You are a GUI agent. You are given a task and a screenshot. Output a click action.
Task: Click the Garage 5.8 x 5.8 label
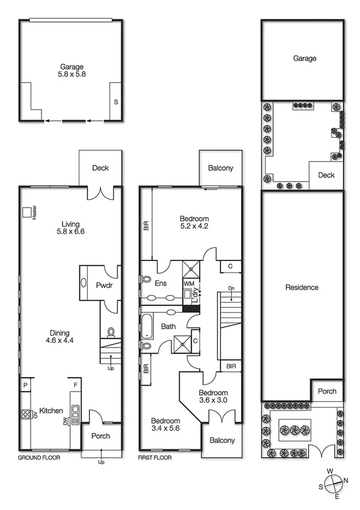pyautogui.click(x=71, y=72)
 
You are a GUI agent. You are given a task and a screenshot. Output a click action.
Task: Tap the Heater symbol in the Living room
pyautogui.click(x=27, y=213)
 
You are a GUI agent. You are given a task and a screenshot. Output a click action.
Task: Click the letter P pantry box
pyautogui.click(x=26, y=386)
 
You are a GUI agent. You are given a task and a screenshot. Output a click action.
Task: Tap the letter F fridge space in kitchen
pyautogui.click(x=75, y=386)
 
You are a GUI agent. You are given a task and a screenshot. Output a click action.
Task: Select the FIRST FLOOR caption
pyautogui.click(x=155, y=458)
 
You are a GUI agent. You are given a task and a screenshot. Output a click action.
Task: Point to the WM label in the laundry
pyautogui.click(x=189, y=283)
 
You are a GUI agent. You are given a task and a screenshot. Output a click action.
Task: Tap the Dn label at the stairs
pyautogui.click(x=231, y=289)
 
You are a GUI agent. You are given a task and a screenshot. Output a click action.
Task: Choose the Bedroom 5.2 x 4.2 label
pyautogui.click(x=194, y=223)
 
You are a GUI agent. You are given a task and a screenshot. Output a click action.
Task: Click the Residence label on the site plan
pyautogui.click(x=302, y=287)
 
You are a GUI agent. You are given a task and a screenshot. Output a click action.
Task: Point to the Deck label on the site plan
pyautogui.click(x=326, y=175)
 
